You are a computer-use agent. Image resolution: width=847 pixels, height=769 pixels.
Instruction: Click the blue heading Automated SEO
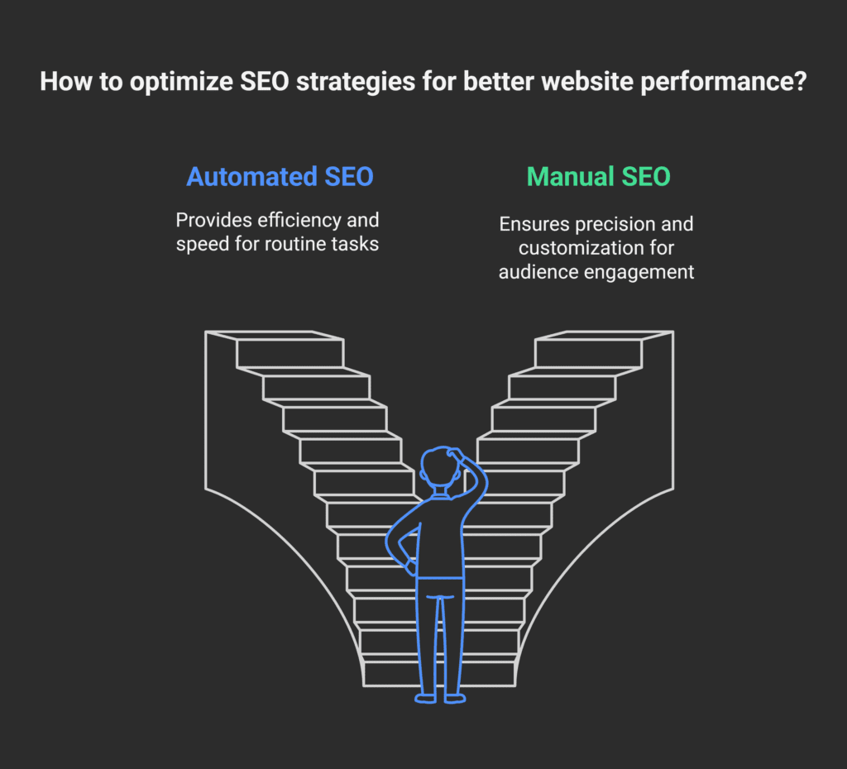coord(280,177)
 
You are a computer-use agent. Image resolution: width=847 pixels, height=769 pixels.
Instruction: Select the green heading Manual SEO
coord(598,177)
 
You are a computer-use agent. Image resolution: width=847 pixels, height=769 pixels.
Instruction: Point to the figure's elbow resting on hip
coord(391,547)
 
